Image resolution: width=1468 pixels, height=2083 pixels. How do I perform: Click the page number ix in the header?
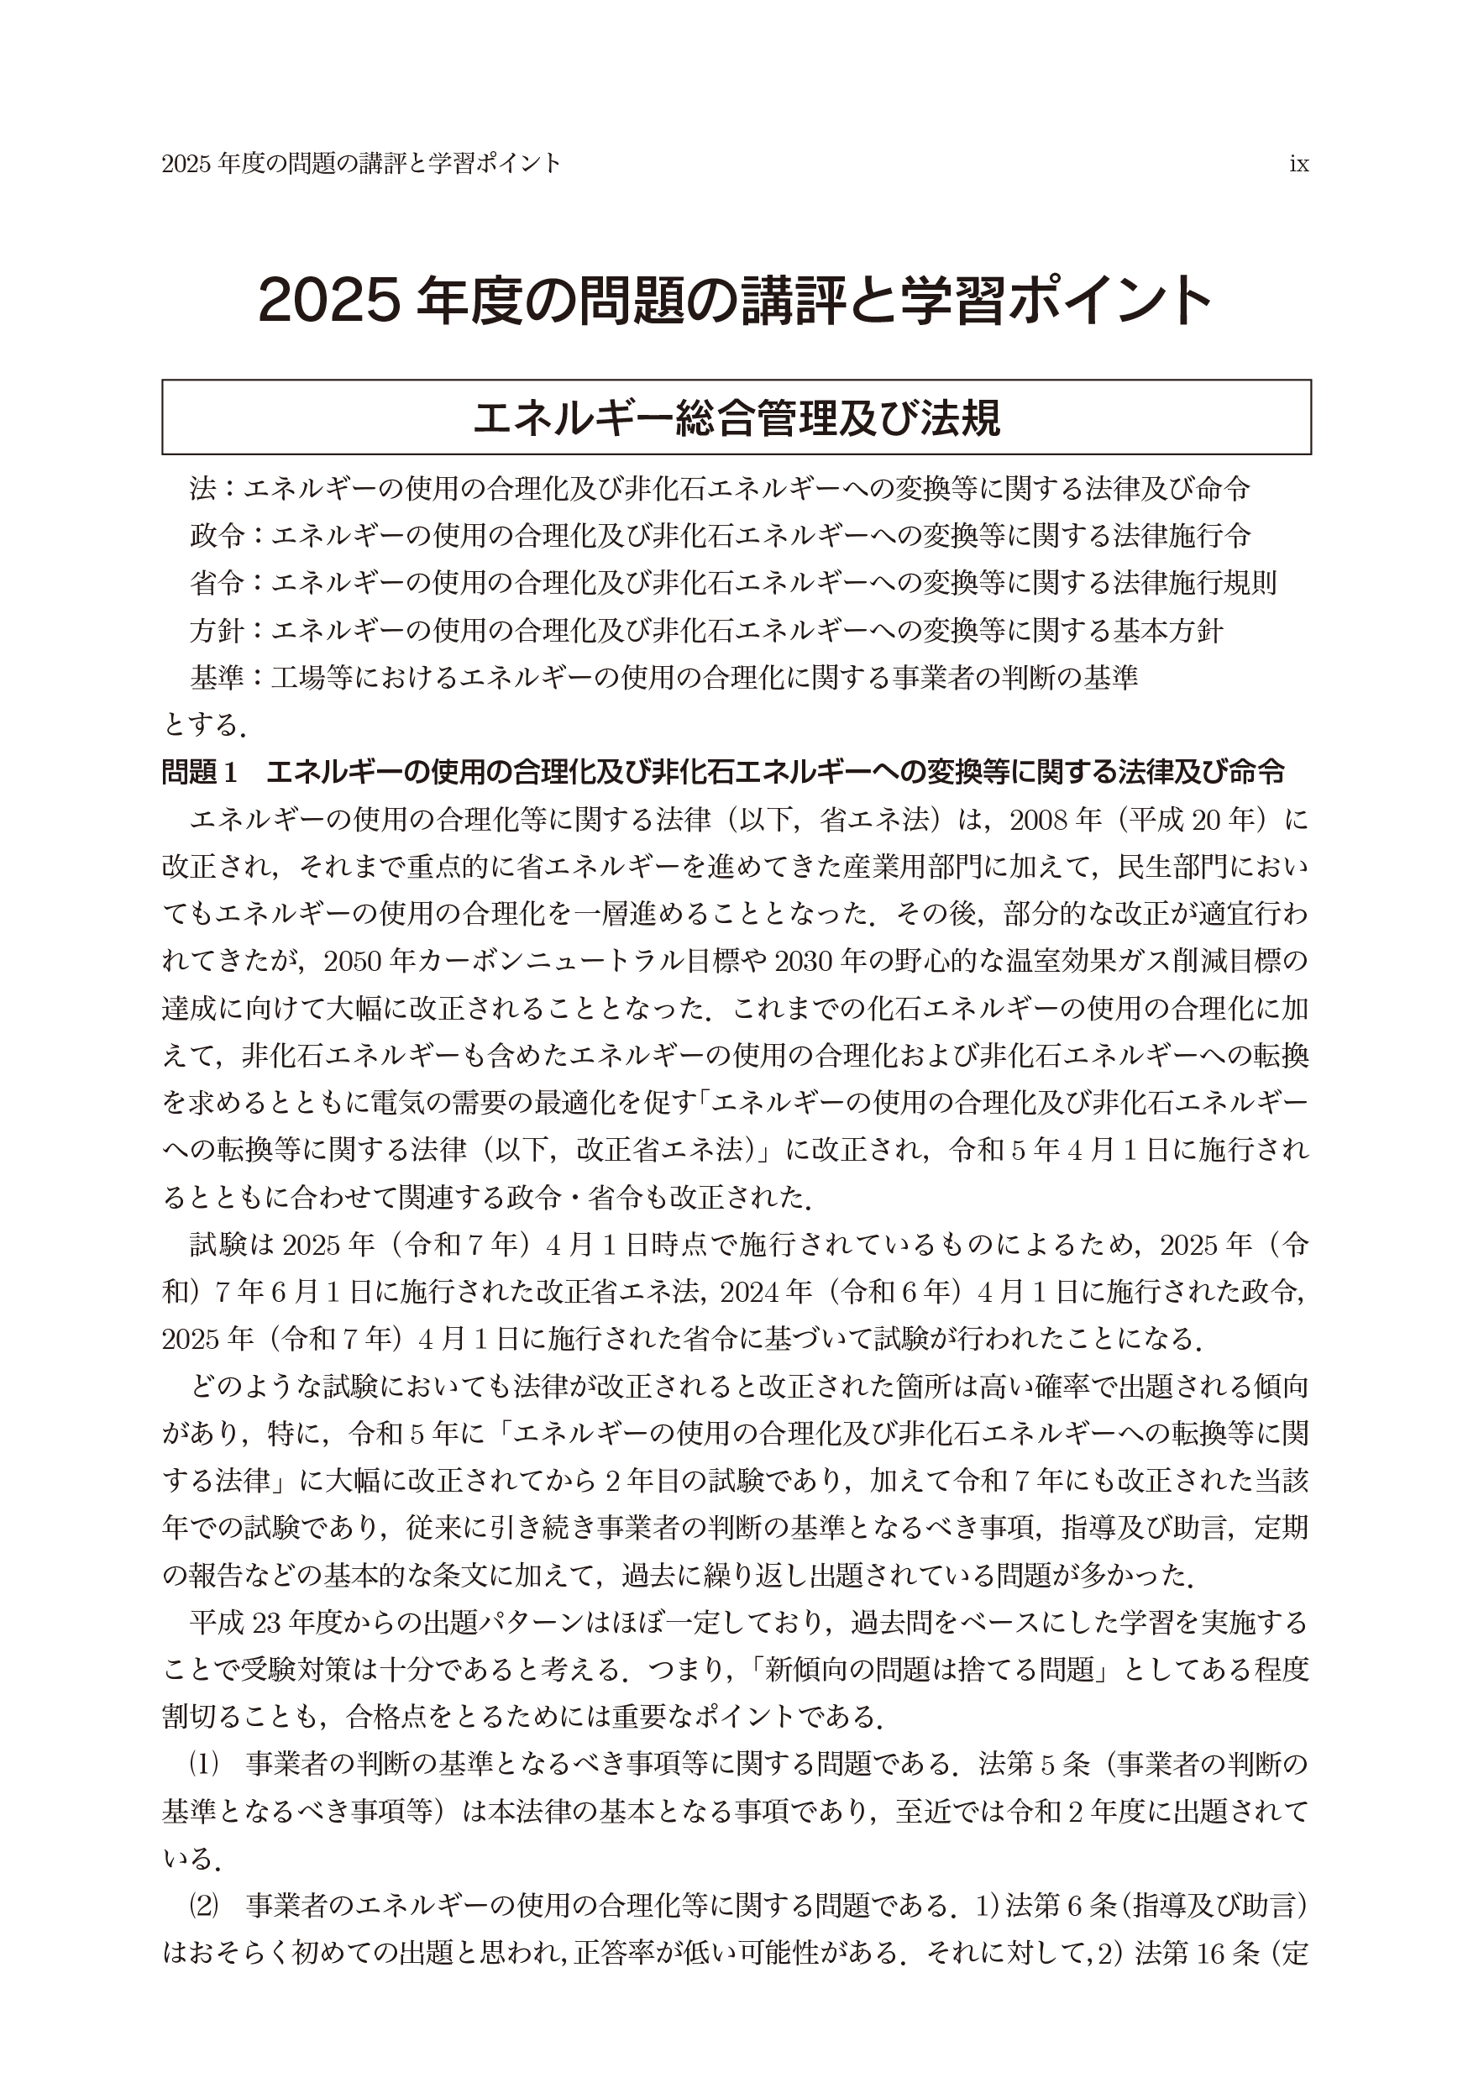[x=1298, y=165]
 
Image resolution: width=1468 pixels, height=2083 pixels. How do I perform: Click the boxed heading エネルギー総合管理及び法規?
[x=736, y=417]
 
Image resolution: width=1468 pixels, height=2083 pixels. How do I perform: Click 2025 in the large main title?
[x=328, y=302]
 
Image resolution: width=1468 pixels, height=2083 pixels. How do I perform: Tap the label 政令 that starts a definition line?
[x=217, y=536]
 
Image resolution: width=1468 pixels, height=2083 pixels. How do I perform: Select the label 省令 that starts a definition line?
[x=217, y=584]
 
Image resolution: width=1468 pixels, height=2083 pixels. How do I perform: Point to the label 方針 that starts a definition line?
[x=217, y=631]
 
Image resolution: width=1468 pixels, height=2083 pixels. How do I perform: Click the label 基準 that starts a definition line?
[x=217, y=678]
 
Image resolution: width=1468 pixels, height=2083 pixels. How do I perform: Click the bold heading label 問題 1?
[x=200, y=772]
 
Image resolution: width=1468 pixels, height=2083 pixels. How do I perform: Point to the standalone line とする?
[x=203, y=725]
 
